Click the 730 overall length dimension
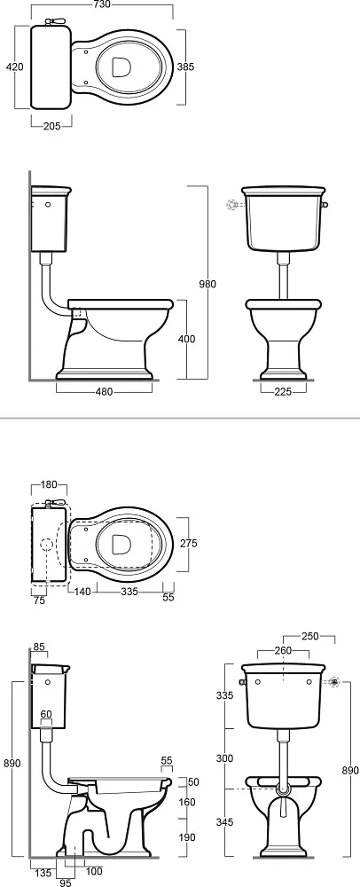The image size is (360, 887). click(x=102, y=5)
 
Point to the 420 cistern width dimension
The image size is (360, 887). click(x=15, y=67)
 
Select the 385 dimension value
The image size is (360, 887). click(x=184, y=67)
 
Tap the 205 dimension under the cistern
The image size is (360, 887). click(x=52, y=126)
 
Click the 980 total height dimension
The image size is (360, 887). click(x=208, y=284)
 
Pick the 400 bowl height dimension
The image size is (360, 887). click(x=186, y=339)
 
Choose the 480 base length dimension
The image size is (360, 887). click(x=105, y=392)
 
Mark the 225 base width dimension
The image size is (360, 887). click(x=283, y=392)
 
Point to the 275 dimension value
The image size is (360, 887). click(x=188, y=543)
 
